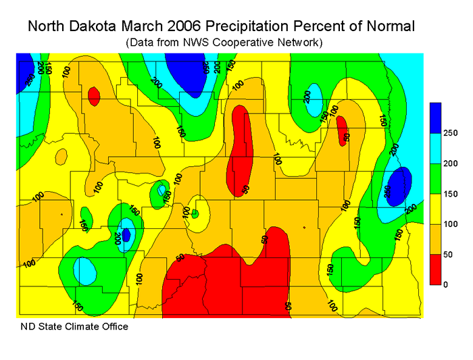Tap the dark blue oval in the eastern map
click(403, 181)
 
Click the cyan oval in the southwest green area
click(85, 271)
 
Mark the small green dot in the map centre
click(195, 213)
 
